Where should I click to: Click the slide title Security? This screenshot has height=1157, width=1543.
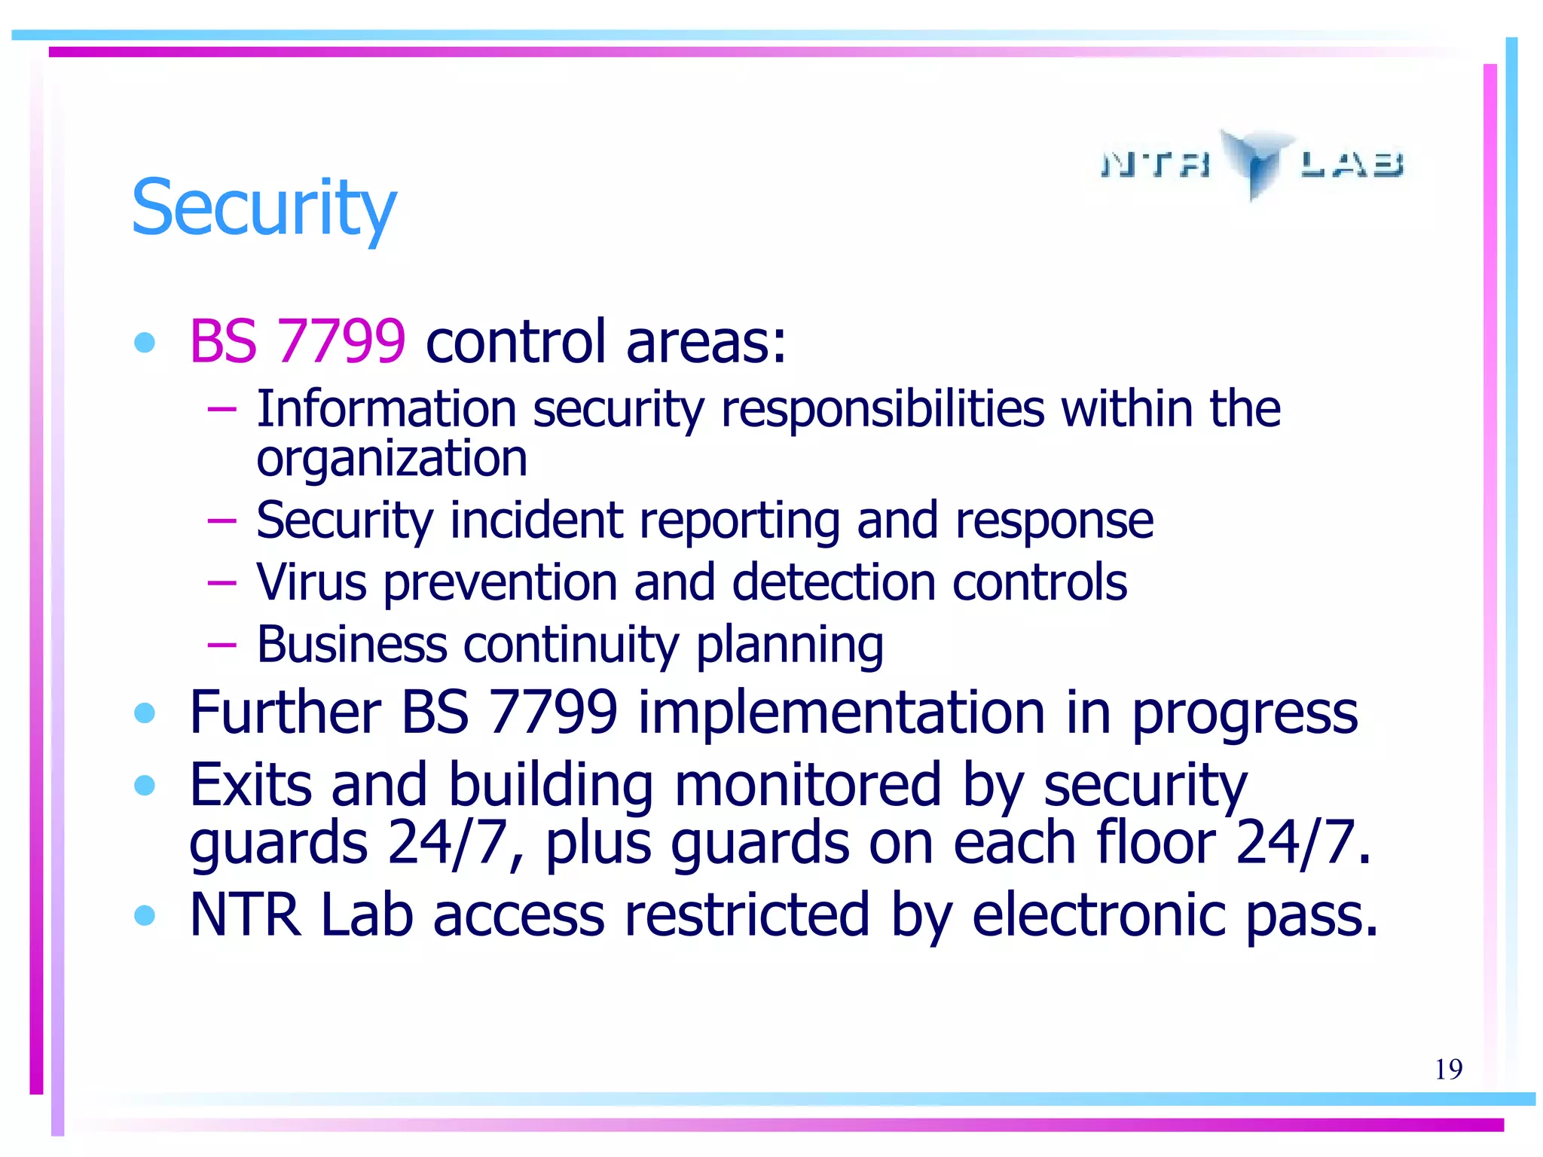click(264, 207)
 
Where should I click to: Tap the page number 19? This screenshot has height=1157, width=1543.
click(1448, 1069)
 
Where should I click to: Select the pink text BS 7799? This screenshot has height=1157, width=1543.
click(298, 341)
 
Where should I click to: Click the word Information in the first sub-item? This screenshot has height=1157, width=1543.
click(386, 409)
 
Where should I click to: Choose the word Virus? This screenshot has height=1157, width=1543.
click(311, 582)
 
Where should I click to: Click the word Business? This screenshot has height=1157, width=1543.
click(352, 645)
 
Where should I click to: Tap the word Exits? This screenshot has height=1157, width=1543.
click(250, 785)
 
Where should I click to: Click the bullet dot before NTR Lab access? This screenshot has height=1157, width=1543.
click(144, 915)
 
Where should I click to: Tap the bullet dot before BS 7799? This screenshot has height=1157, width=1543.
click(144, 343)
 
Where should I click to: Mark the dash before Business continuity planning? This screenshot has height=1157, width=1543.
click(222, 645)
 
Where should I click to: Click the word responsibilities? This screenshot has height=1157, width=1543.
click(882, 409)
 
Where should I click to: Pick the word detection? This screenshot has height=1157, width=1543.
click(833, 582)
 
